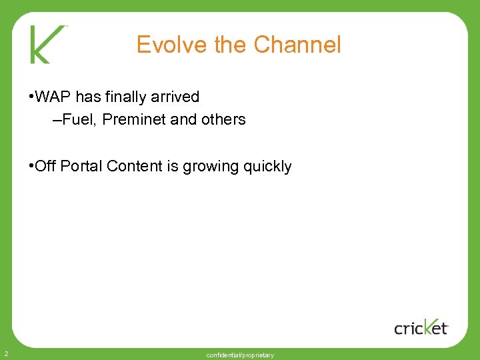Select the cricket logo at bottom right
coord(421,327)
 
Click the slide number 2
coord(5,353)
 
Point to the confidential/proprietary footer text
coord(240,355)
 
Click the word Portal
coord(81,166)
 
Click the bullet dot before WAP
coord(32,97)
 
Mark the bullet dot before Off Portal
coord(32,166)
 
